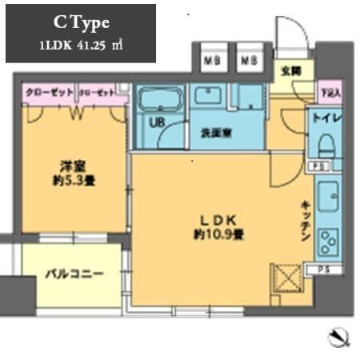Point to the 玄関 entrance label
coord(287,70)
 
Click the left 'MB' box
coord(212,59)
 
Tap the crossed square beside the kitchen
coord(286,280)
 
